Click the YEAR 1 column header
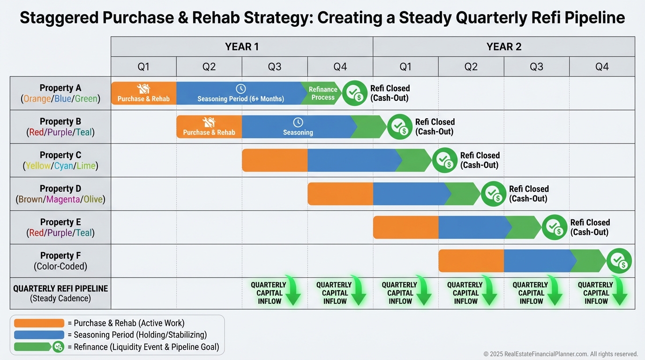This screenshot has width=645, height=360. click(x=241, y=47)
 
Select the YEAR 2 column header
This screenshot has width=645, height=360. click(x=503, y=47)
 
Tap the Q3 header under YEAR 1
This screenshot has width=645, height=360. click(x=275, y=67)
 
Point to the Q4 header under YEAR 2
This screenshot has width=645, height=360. click(x=602, y=67)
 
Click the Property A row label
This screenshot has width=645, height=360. click(x=60, y=93)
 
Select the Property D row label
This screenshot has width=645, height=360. click(x=60, y=194)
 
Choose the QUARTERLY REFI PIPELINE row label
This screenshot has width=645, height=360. click(x=60, y=293)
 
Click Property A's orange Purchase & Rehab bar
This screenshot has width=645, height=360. click(x=143, y=93)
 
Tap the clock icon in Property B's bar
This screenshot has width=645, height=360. click(x=298, y=122)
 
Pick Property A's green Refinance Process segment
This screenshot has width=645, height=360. click(x=322, y=93)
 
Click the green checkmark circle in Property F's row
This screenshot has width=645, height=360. click(x=619, y=261)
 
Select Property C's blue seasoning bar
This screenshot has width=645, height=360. click(x=352, y=160)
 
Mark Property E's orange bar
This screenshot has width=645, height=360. click(x=405, y=227)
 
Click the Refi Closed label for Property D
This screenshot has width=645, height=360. click(x=529, y=194)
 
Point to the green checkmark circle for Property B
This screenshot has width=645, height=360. click(x=400, y=127)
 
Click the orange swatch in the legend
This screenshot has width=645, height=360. click(x=39, y=323)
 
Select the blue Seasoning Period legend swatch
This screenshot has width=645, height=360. click(x=39, y=335)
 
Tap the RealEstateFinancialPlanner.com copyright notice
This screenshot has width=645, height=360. click(x=561, y=354)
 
